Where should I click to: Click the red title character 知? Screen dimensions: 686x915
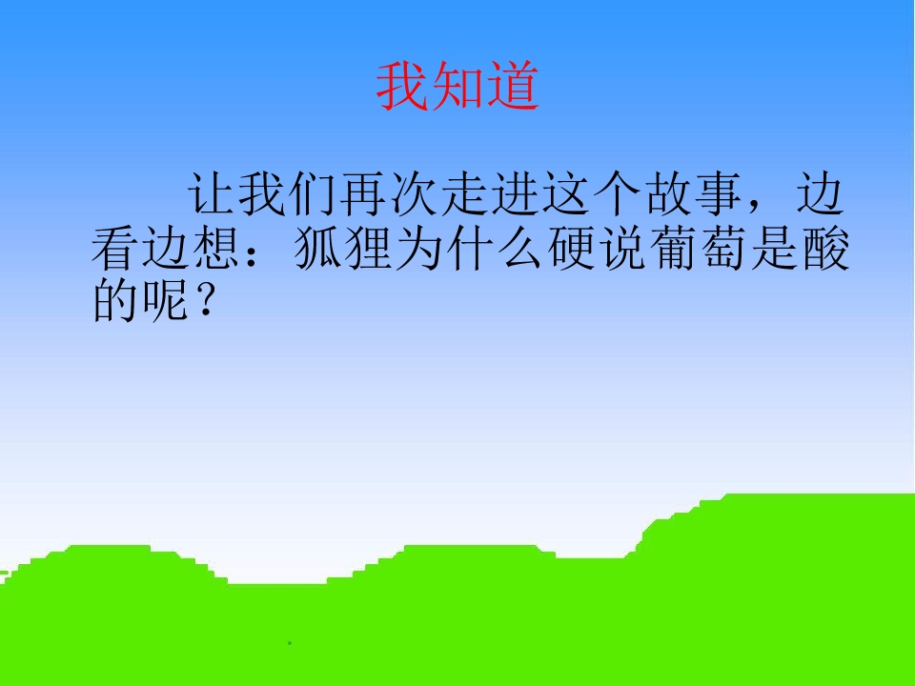(x=457, y=88)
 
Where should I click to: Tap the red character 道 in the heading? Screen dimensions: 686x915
(x=512, y=88)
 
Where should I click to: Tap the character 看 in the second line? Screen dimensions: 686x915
(x=117, y=250)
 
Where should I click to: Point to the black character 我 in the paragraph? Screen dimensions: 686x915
(x=263, y=198)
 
